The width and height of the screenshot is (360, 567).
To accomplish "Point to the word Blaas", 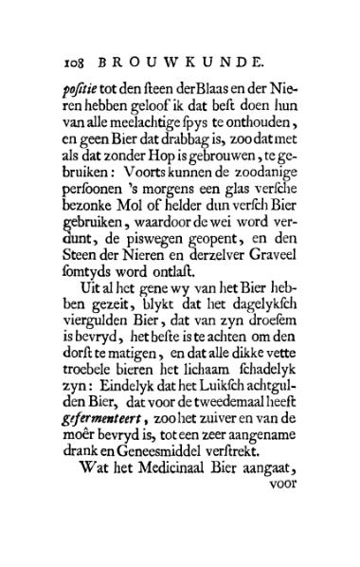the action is pyautogui.click(x=206, y=88).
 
